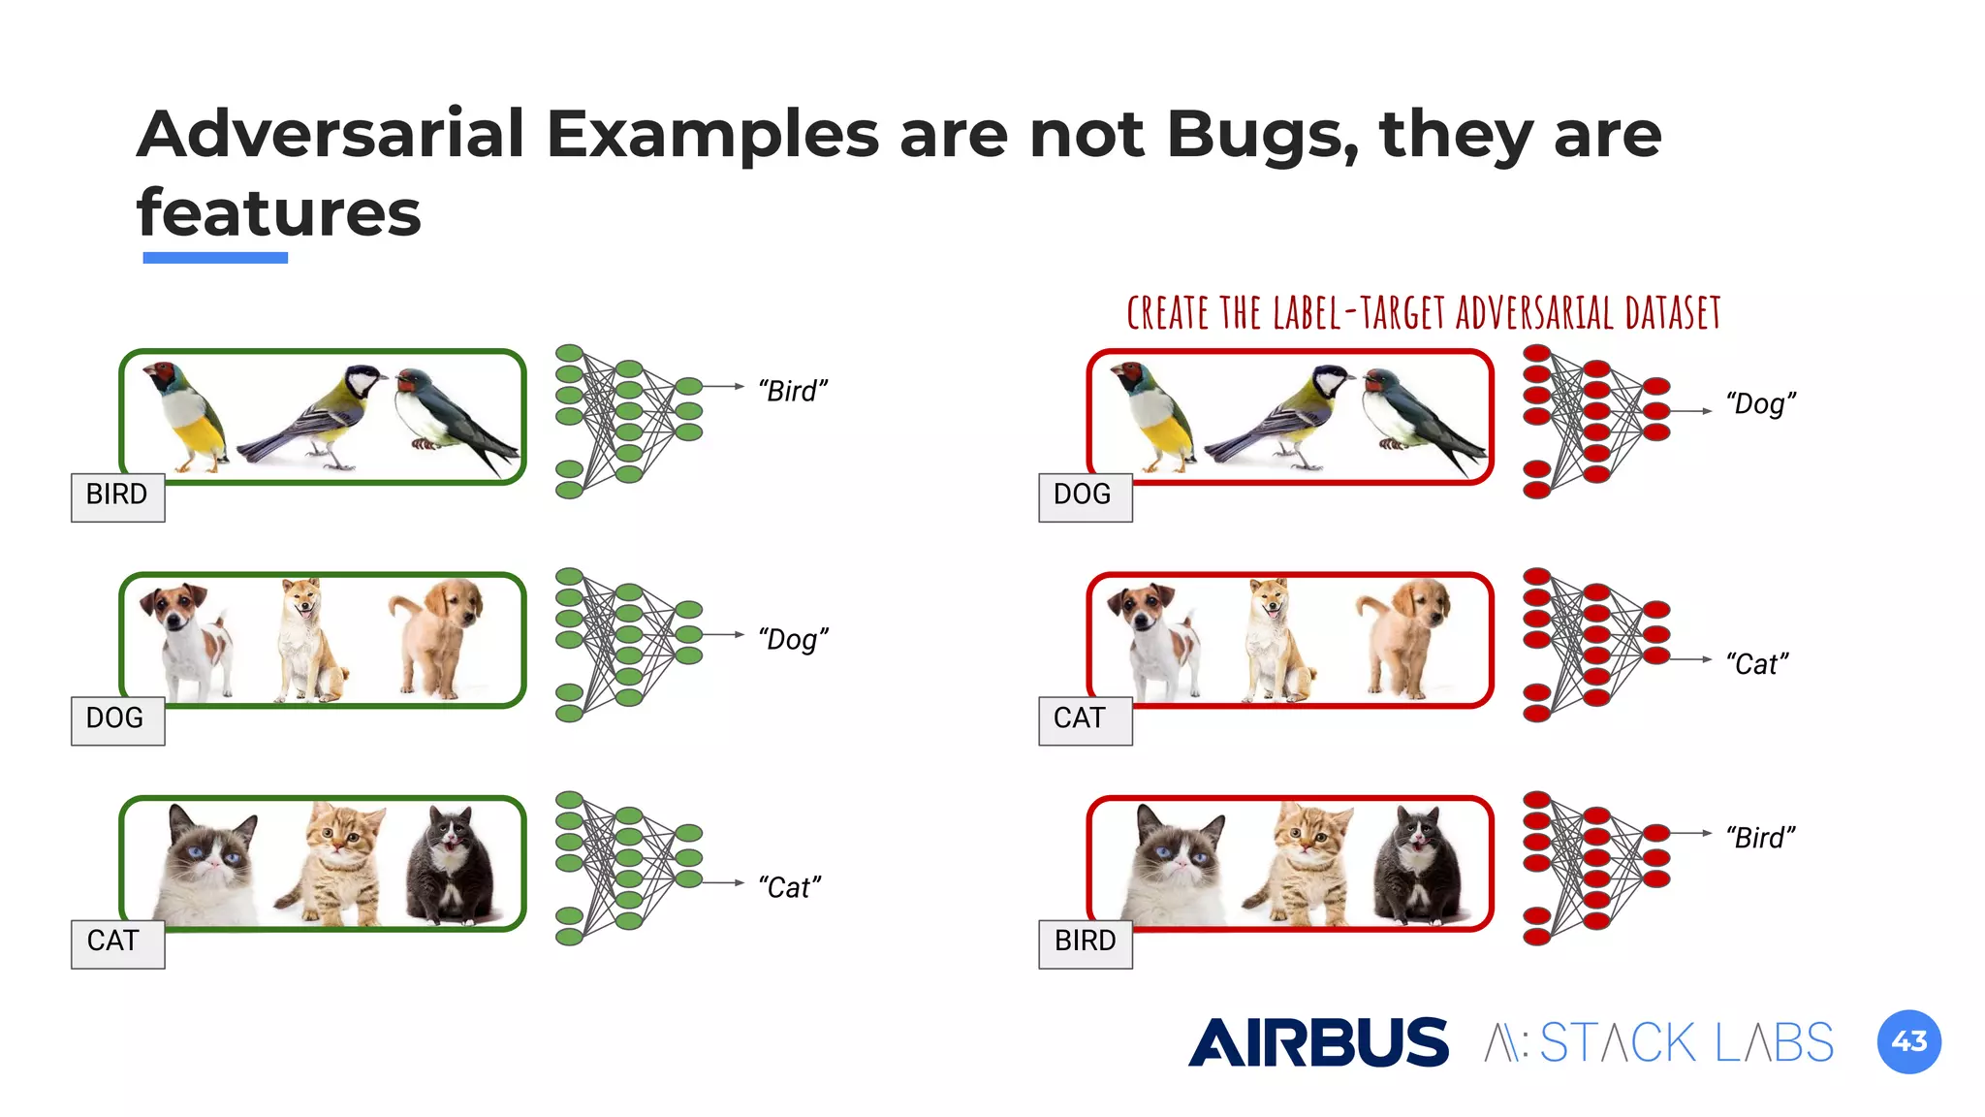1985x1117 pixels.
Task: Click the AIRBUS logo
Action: coord(1318,1042)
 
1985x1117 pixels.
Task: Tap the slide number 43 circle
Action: coord(1908,1041)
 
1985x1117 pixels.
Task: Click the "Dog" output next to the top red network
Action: coord(1760,403)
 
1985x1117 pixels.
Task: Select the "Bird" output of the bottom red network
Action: coord(1760,838)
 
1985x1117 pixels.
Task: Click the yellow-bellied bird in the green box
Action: coord(189,417)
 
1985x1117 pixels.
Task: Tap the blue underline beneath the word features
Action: coord(215,258)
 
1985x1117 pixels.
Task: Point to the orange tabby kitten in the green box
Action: coord(334,863)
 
